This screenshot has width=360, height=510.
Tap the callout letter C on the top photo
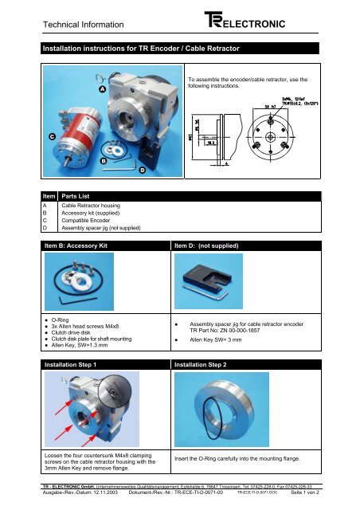pos(51,136)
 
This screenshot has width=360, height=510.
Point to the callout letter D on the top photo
pos(142,170)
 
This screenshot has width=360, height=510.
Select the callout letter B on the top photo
pos(104,161)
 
